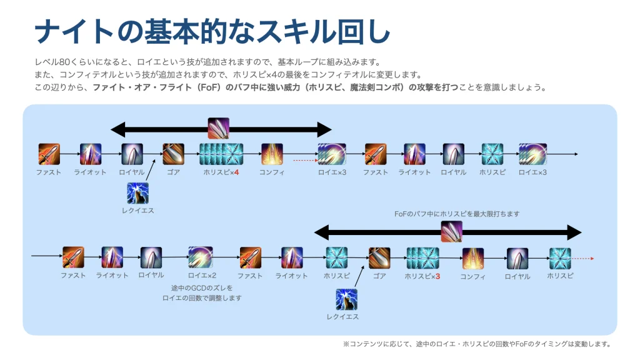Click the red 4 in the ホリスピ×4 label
tap(237, 172)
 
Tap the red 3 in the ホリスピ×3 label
tap(437, 276)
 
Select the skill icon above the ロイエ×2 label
tap(201, 257)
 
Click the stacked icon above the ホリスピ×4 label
tap(221, 154)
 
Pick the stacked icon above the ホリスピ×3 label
tap(423, 258)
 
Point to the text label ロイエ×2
tap(202, 276)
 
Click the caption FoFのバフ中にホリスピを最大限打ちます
tap(457, 214)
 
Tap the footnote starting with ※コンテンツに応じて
tap(477, 344)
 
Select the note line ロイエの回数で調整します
tap(202, 298)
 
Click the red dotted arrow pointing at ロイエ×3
tap(305, 161)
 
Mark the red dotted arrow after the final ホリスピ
tap(583, 258)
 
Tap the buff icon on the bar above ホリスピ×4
tap(218, 129)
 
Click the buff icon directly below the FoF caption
tap(452, 231)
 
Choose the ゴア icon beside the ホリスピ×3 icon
tap(379, 258)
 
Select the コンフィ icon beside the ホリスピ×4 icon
tap(272, 154)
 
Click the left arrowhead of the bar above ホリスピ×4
tap(118, 130)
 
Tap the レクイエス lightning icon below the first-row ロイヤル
tap(137, 193)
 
